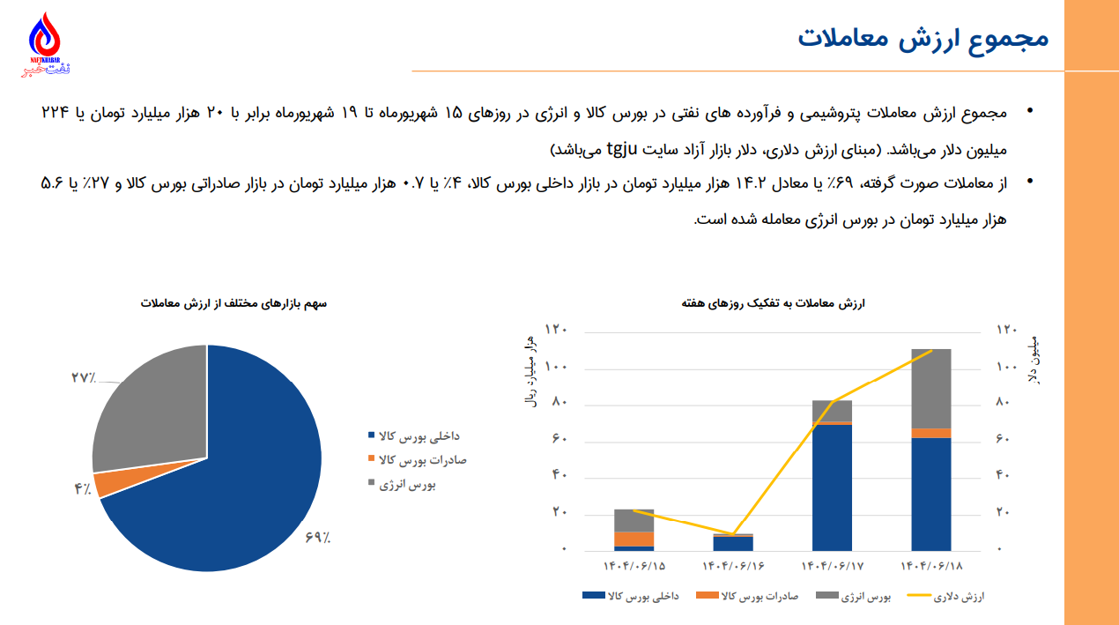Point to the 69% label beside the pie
[318, 536]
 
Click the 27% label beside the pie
[84, 378]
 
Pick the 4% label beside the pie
[83, 489]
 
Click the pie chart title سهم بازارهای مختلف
[233, 303]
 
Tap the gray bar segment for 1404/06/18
[931, 388]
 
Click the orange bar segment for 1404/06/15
[634, 539]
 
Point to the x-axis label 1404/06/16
[733, 565]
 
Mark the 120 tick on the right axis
[1006, 330]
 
